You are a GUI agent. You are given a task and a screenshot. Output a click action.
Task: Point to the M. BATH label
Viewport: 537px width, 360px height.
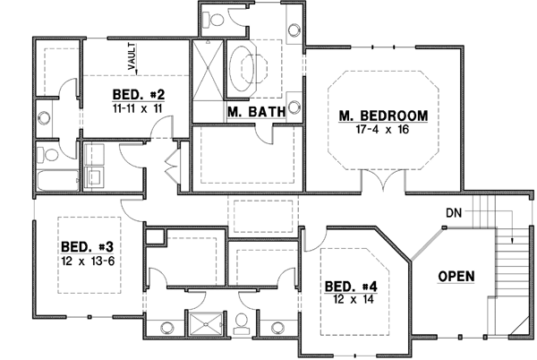(256, 112)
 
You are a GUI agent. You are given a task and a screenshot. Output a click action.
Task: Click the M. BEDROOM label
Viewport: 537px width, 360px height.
(383, 116)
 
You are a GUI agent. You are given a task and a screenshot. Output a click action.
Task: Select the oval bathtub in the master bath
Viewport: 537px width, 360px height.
(250, 67)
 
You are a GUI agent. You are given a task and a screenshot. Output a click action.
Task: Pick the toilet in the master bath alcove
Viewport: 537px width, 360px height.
(212, 19)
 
